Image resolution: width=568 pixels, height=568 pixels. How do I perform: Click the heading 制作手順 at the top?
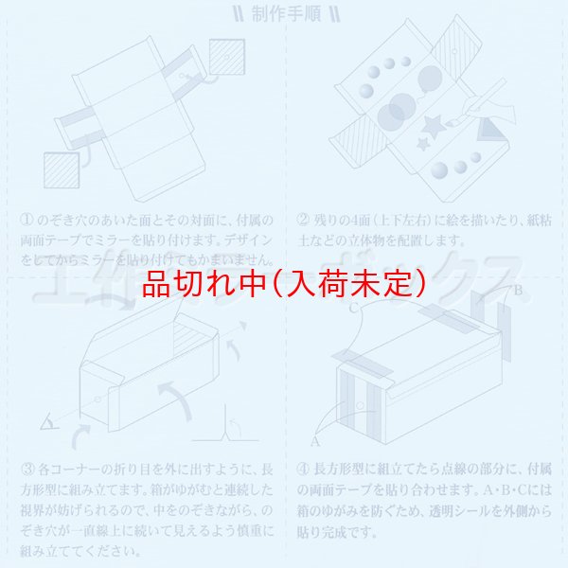283,14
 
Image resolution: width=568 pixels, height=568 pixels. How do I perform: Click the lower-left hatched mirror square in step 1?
62,169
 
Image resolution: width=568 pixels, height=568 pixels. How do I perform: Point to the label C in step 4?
353,308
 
